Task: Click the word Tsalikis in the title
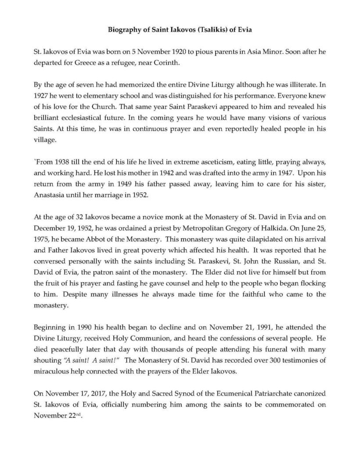(194, 31)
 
